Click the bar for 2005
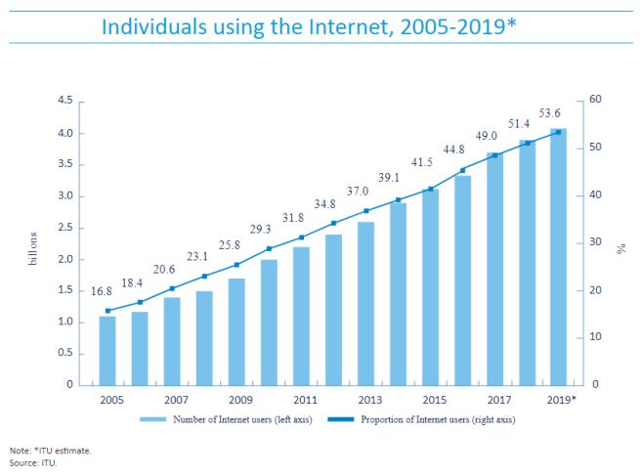[x=107, y=350]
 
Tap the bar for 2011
[x=301, y=316]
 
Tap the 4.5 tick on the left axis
[x=65, y=101]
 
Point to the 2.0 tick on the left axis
[x=65, y=259]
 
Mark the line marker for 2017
[x=494, y=155]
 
